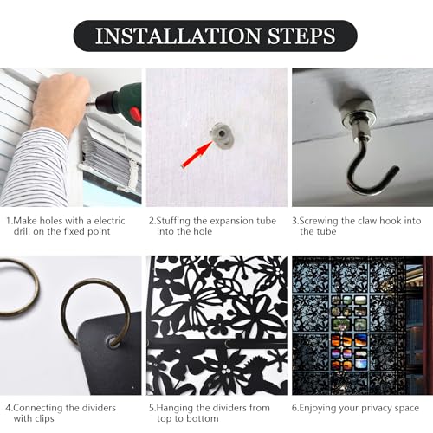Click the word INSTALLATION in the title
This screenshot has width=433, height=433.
178,36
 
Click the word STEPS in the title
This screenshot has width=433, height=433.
301,36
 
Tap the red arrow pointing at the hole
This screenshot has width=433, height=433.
197,154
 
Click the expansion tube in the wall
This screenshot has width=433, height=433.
222,135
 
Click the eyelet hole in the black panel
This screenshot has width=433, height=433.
112,340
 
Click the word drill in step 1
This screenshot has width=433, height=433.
22,231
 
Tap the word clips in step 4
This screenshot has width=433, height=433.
44,419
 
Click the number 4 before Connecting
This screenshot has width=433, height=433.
9,408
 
